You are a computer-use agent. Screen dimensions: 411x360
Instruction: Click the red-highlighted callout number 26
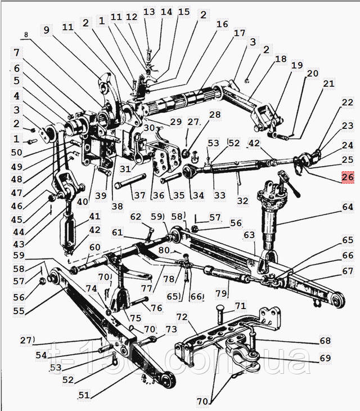coord(347,177)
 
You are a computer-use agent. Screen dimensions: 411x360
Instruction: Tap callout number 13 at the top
coord(149,12)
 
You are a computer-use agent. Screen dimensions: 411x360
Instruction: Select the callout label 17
coord(240,33)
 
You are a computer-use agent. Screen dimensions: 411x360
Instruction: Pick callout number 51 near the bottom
coord(84,395)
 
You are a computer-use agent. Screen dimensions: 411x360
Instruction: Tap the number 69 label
coord(326,358)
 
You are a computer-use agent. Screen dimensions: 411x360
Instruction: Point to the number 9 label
coord(46,29)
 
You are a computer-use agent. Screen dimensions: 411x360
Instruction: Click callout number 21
coord(328,84)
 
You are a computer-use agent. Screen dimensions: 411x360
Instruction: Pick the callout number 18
coord(281,59)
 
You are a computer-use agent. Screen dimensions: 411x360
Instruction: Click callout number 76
coord(156,307)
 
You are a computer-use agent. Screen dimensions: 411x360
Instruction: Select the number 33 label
coord(219,195)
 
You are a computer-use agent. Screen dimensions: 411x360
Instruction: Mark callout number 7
coord(17,53)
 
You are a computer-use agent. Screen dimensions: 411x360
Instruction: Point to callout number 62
coord(136,216)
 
